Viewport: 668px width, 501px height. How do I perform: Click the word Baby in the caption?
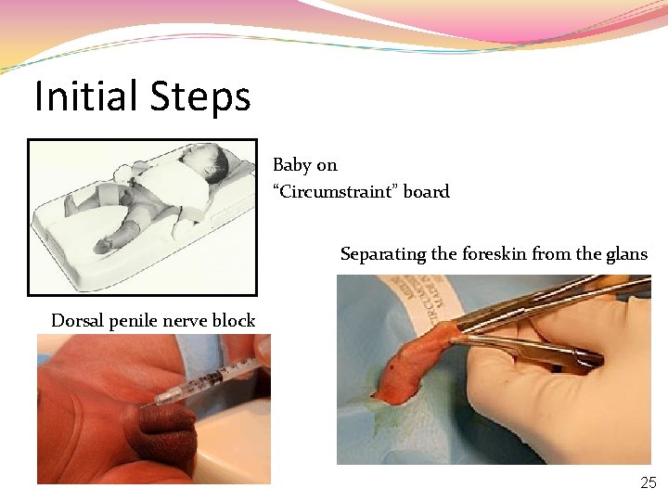tap(292, 165)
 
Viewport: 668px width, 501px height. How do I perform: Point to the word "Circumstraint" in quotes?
tap(340, 192)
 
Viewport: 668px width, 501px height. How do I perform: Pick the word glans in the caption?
tap(626, 254)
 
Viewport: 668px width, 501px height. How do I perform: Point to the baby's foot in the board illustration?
tap(104, 244)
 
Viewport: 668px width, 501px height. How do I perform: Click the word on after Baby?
tap(327, 165)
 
